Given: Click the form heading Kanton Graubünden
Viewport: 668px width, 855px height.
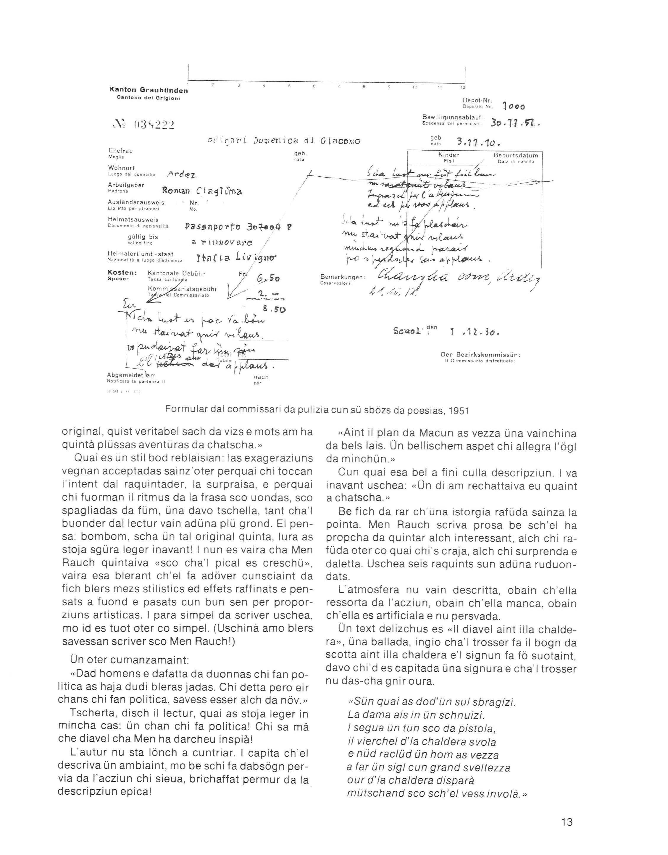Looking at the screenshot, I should point(149,90).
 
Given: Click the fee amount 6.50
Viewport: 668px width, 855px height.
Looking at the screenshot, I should point(268,279).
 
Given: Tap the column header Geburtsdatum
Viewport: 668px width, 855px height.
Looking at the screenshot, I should point(516,155).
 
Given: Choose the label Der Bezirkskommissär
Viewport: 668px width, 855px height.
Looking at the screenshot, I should point(480,355).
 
